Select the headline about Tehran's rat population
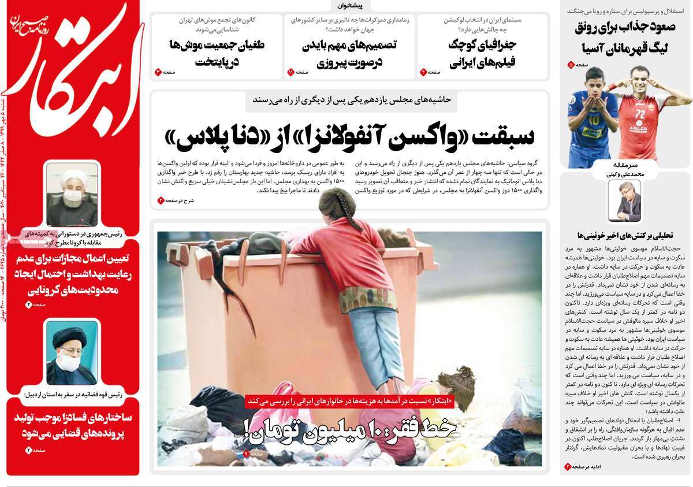coord(217,53)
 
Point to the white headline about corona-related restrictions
coord(72,274)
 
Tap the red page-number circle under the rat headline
coord(157,72)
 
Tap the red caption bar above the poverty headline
coord(350,400)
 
